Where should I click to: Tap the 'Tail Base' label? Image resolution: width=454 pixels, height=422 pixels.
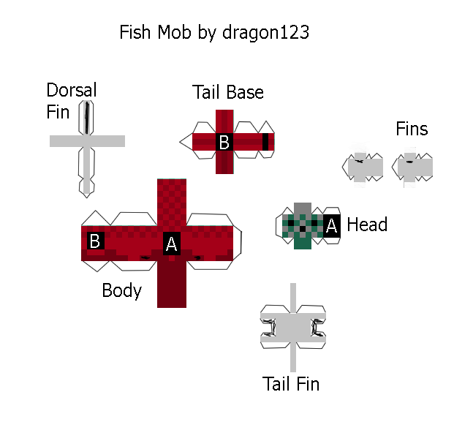tap(228, 92)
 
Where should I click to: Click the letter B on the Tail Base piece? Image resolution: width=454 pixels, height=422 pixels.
tap(224, 142)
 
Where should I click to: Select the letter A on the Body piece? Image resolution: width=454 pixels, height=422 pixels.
tap(172, 244)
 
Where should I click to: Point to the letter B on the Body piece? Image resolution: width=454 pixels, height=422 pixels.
tap(94, 241)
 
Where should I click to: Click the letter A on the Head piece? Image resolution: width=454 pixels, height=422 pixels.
tap(332, 226)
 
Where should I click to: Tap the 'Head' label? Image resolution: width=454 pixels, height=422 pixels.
tap(367, 225)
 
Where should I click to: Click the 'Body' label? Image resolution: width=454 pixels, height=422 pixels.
tap(121, 290)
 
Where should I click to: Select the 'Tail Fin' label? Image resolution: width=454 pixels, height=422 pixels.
tap(291, 384)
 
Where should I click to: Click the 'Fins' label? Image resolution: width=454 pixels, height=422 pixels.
tap(412, 129)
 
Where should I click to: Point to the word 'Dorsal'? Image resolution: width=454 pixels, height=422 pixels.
tap(71, 90)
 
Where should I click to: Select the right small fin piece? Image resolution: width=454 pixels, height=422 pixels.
tap(412, 167)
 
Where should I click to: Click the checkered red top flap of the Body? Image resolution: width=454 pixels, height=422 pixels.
tap(172, 202)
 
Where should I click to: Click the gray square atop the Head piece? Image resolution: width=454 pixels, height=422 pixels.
tap(303, 208)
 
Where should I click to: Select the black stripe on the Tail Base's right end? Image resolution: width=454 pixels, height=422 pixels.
tap(265, 142)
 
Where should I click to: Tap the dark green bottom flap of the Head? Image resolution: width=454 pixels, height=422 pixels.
tap(303, 241)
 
